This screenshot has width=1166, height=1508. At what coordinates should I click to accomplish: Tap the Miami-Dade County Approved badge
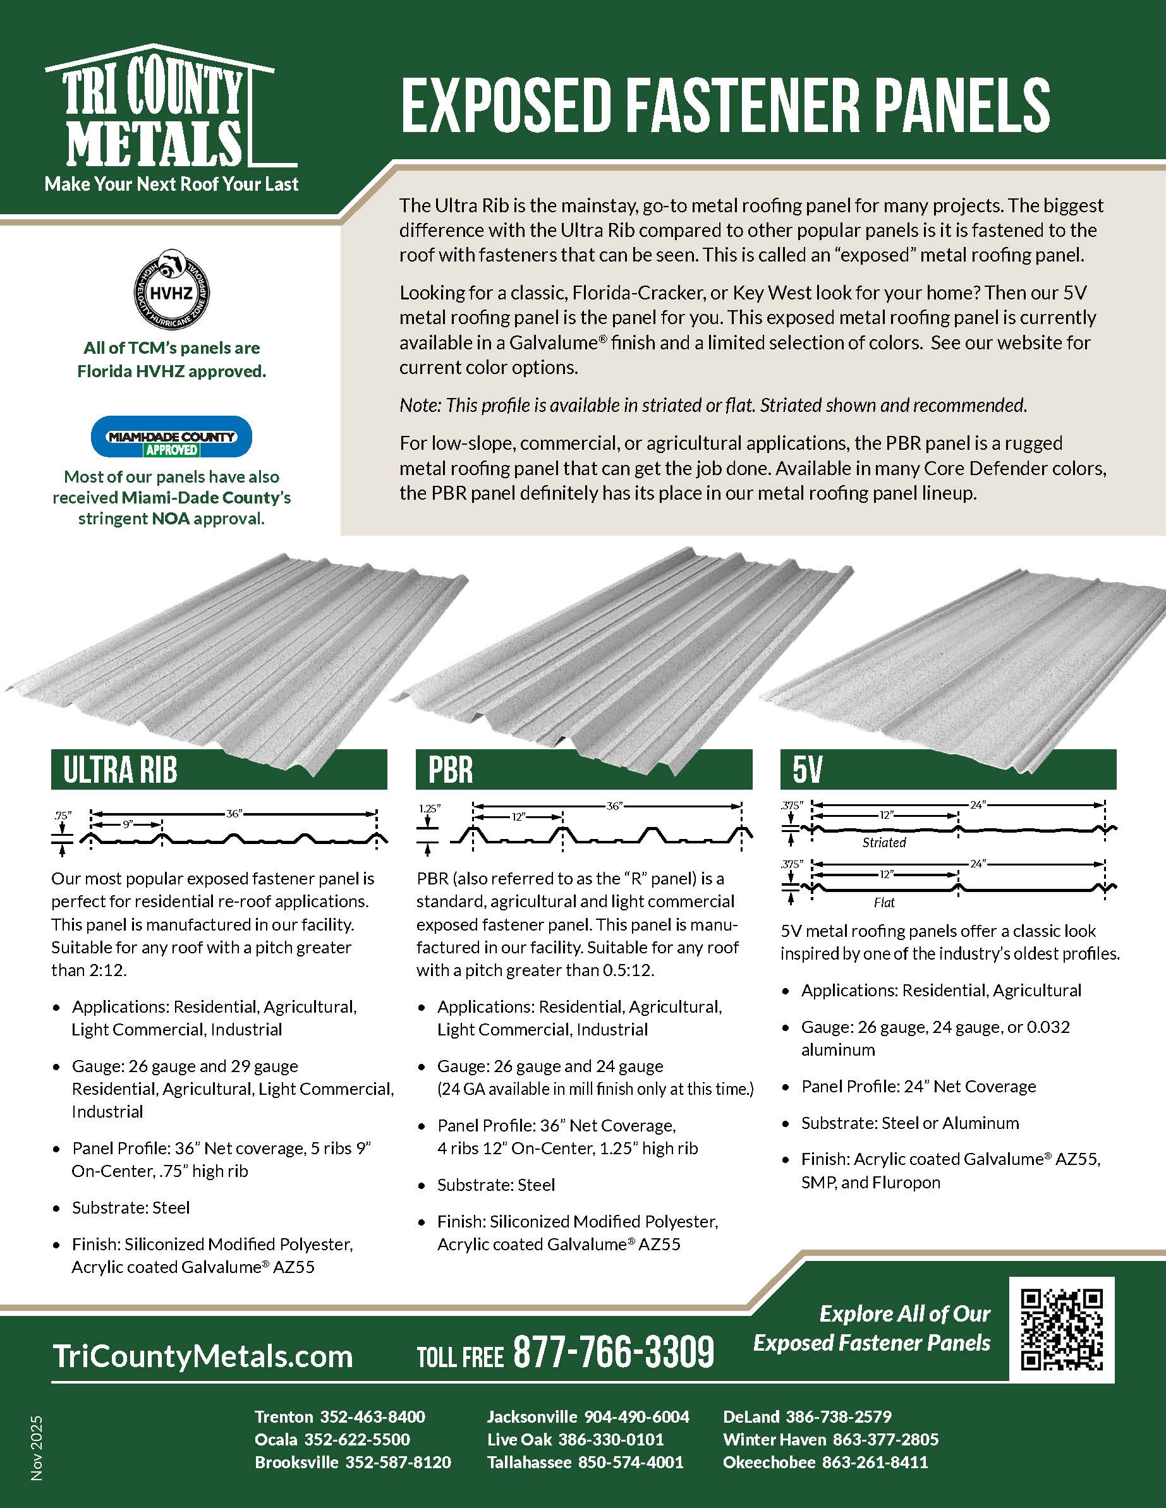tap(171, 437)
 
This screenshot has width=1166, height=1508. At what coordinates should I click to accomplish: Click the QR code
tap(1061, 1329)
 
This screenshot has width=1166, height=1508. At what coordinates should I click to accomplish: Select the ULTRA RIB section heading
tap(120, 770)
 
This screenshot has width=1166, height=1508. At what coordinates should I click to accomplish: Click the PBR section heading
tap(451, 770)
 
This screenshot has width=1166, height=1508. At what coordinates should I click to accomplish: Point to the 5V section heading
tap(808, 770)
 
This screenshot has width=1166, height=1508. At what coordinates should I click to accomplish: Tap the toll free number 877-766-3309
tap(614, 1353)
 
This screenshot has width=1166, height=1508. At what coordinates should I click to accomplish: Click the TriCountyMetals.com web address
tap(202, 1356)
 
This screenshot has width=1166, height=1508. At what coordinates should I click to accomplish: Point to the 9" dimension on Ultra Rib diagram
tap(128, 824)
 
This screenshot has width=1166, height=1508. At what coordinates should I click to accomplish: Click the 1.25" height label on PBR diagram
tap(429, 808)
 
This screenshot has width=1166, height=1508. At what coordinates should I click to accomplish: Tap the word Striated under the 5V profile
tap(884, 842)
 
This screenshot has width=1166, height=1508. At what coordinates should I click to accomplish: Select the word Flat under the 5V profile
tap(884, 902)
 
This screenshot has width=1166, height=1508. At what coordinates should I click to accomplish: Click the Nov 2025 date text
tap(37, 1447)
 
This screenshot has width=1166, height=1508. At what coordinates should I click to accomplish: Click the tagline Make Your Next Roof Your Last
tap(171, 184)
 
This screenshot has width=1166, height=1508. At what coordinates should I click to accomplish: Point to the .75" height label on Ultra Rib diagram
tap(63, 816)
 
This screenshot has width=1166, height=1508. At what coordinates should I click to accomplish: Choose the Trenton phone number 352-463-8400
tap(372, 1416)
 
